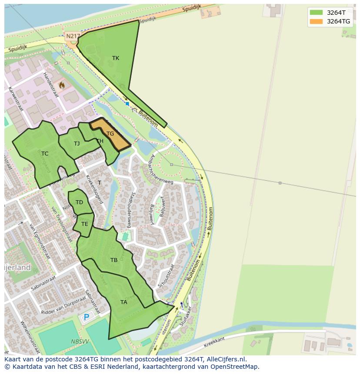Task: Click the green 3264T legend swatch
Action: (x=316, y=13)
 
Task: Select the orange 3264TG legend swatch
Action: (x=316, y=21)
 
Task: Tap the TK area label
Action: (x=116, y=58)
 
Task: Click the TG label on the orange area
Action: (x=110, y=134)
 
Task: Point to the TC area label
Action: (x=45, y=154)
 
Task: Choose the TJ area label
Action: (x=77, y=144)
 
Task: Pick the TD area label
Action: (x=79, y=202)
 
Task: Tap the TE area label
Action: (x=85, y=224)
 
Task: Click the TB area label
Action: (x=114, y=260)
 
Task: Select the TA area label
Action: (x=124, y=302)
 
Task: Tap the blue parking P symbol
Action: (x=87, y=318)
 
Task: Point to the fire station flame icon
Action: (x=62, y=86)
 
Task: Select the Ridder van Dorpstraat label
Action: (x=63, y=306)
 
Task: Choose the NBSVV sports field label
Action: (x=79, y=342)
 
